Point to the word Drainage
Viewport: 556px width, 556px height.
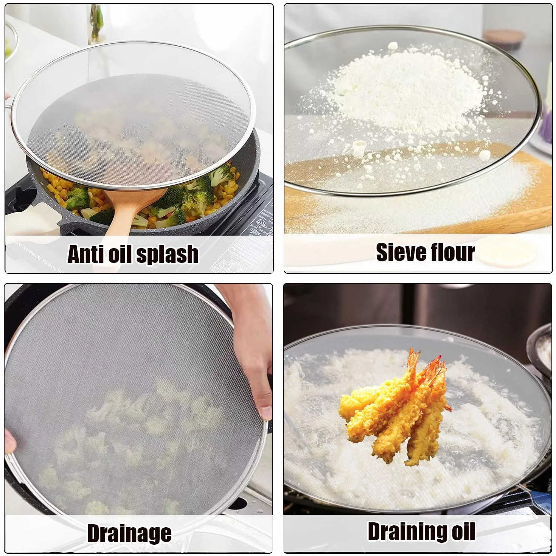point(130,533)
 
